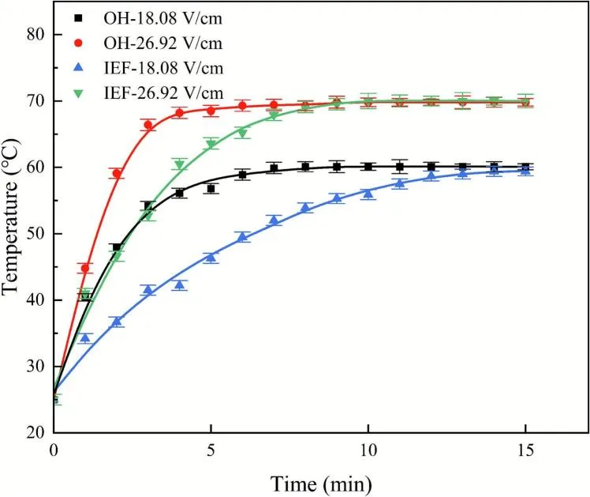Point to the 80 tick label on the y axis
32,35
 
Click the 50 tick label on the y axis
32,234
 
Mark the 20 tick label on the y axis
32,433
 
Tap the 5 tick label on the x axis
211,450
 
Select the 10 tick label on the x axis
368,450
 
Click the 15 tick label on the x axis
525,450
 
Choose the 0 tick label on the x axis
54,450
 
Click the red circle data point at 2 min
117,173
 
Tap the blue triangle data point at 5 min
211,257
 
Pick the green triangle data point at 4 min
179,164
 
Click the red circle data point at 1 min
85,268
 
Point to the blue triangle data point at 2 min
117,321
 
